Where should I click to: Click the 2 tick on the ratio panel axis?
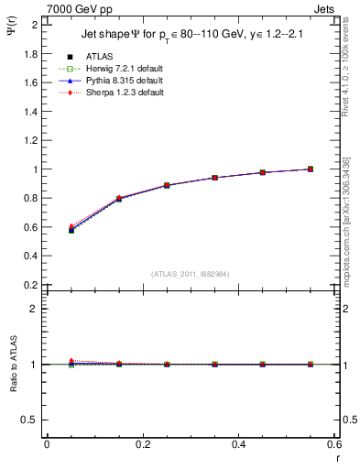[36, 309]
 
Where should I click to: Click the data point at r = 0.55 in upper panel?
[311, 169]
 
